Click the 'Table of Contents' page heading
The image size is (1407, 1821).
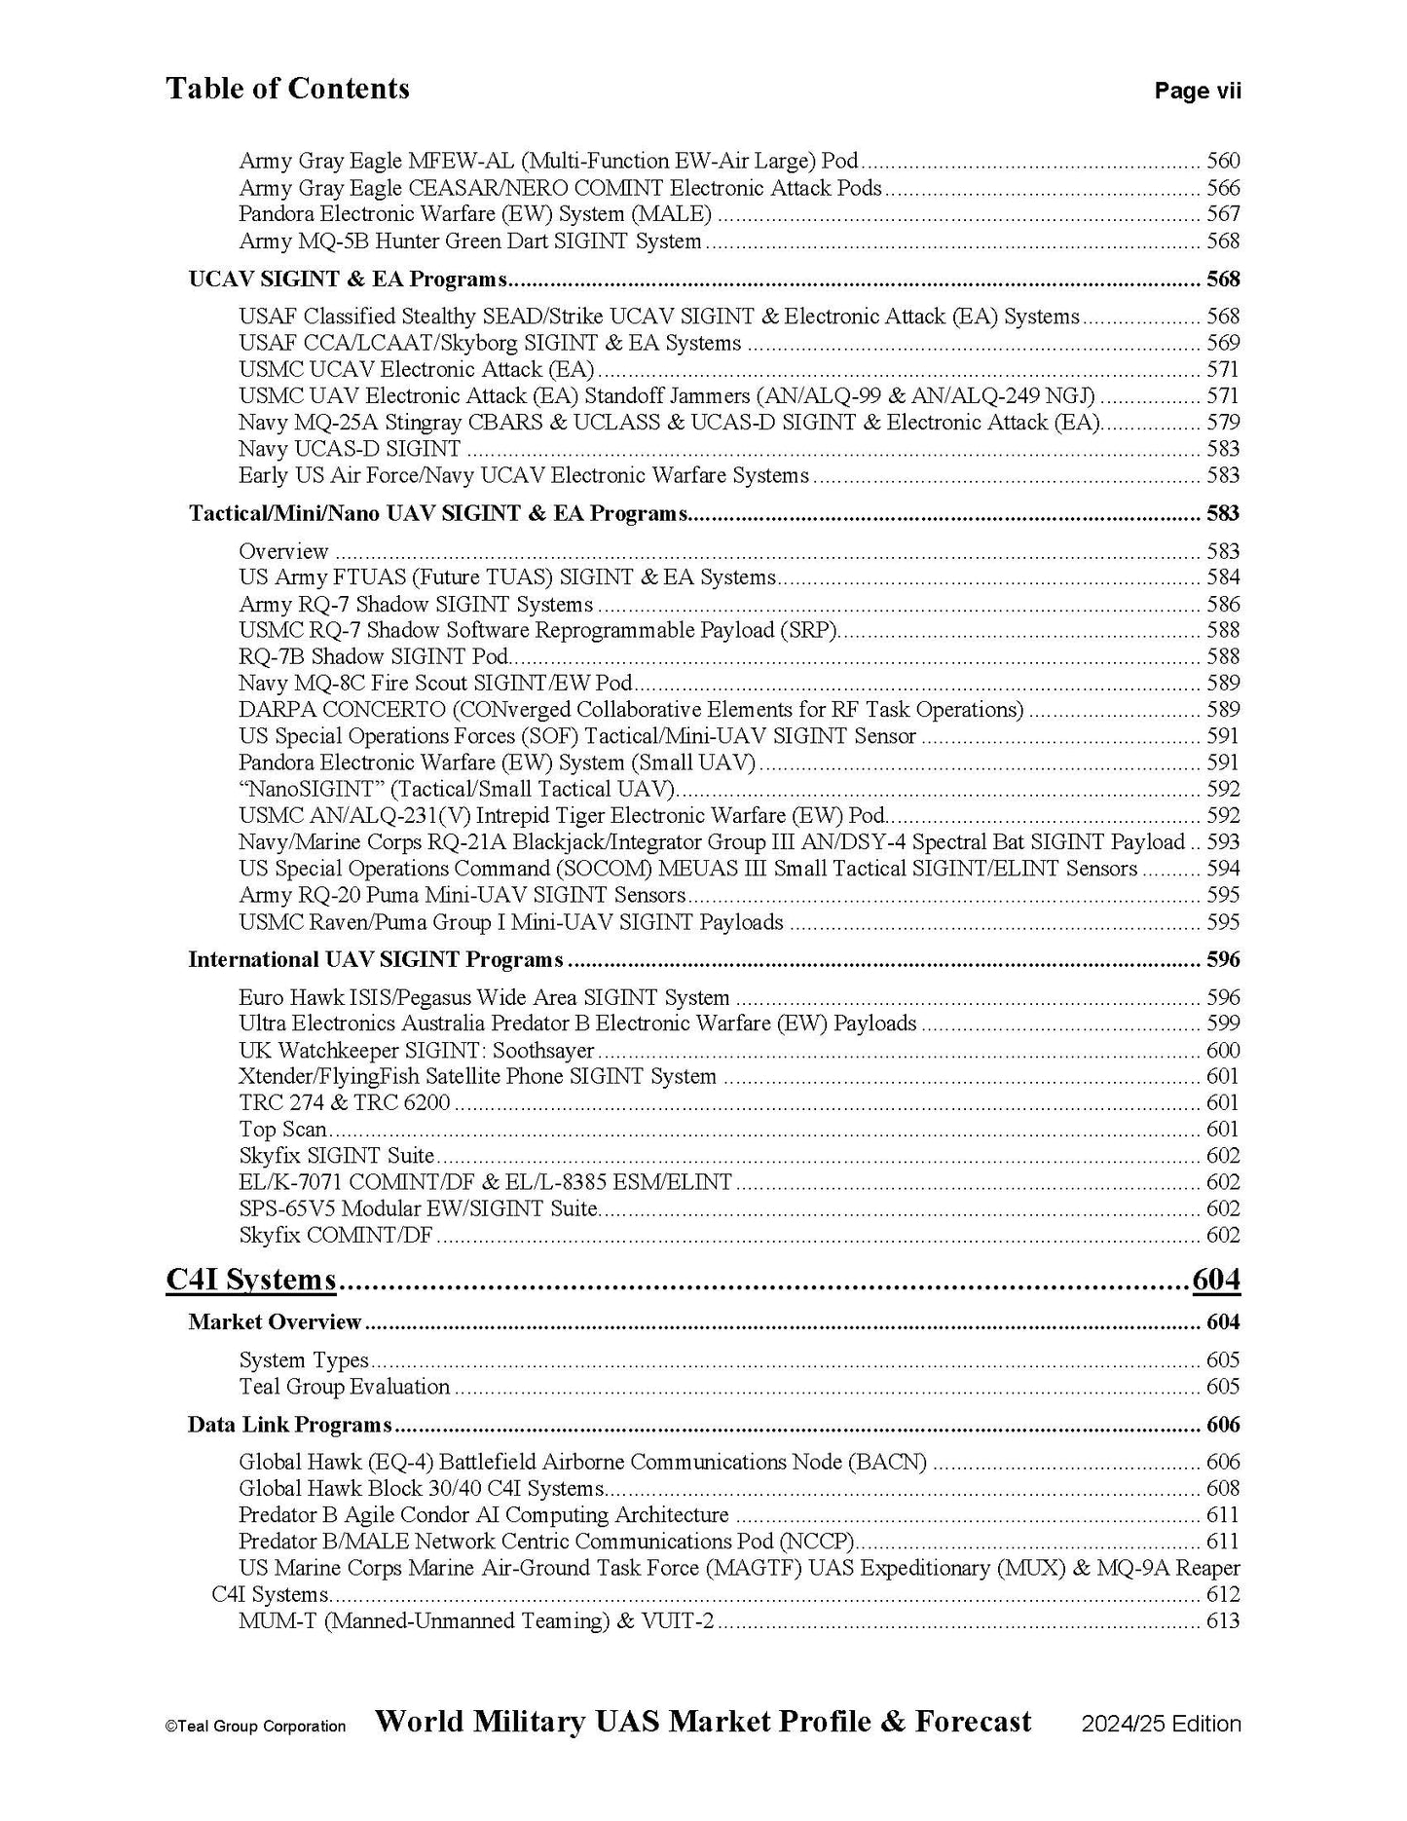[x=287, y=89]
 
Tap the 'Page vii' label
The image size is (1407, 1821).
[x=1198, y=92]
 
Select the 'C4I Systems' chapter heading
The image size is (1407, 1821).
[x=251, y=1280]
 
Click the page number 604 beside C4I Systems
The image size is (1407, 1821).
[x=1216, y=1280]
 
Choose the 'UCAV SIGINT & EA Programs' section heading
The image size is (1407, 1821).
[x=348, y=279]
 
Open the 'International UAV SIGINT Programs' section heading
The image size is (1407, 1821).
[x=375, y=960]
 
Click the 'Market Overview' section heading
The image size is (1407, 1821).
[x=275, y=1322]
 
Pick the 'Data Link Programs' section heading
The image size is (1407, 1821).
[x=289, y=1425]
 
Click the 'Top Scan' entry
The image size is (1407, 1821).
[x=282, y=1130]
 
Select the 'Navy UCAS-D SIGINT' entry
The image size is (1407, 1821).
[x=350, y=449]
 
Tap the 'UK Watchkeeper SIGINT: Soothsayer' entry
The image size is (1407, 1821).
[x=416, y=1051]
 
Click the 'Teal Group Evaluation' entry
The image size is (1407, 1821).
[x=344, y=1387]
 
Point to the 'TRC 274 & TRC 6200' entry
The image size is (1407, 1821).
[x=345, y=1103]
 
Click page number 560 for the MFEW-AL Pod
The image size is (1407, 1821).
[x=1223, y=162]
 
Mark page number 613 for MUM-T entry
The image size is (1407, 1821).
[x=1223, y=1621]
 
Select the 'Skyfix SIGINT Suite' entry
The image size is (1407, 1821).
[x=336, y=1156]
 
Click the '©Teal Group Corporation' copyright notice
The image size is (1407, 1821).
[x=255, y=1727]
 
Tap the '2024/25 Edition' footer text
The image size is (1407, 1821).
[x=1161, y=1724]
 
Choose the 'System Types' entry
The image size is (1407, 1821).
[x=304, y=1360]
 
